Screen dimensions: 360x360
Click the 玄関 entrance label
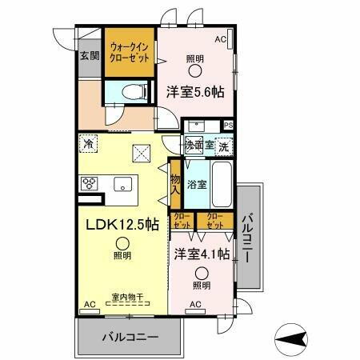pos(90,56)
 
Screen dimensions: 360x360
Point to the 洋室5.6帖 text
pos(194,91)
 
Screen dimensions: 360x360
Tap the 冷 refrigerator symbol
pos(87,145)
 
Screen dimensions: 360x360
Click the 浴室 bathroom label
pos(197,183)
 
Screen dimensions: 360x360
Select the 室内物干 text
pos(127,298)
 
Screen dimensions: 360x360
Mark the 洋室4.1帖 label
pos(202,254)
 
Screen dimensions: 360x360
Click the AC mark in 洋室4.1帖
pos(195,304)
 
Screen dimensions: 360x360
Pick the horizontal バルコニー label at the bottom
pos(130,337)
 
